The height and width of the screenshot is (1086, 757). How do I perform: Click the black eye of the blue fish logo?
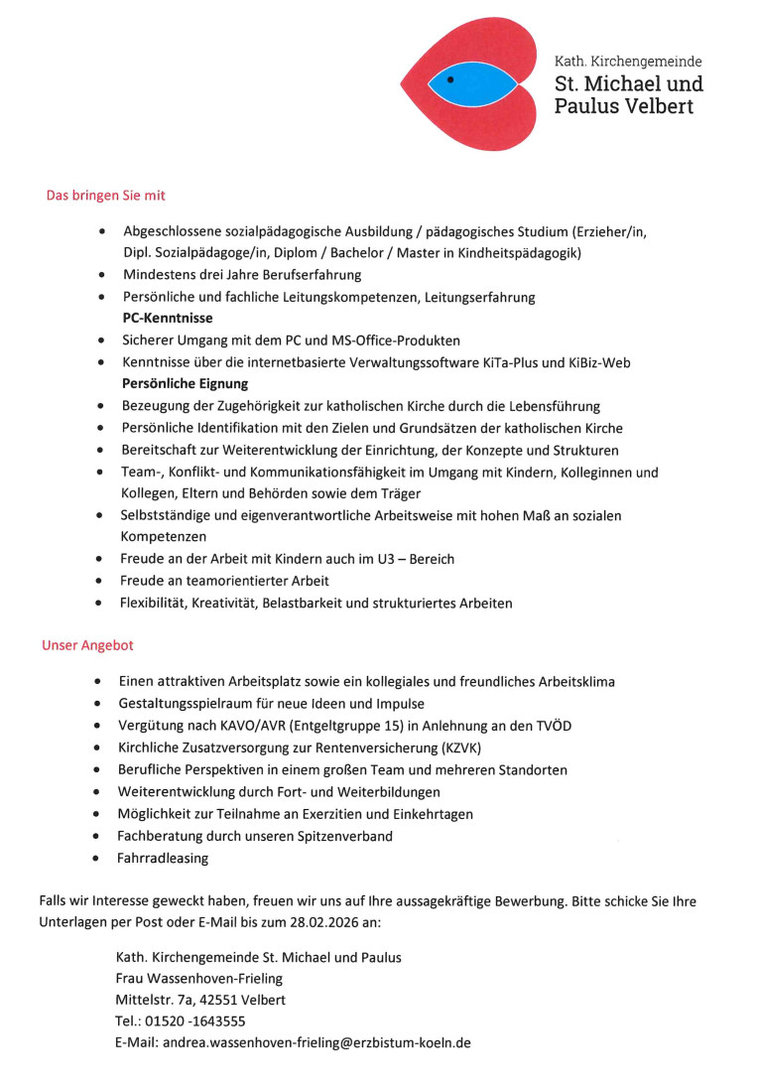[x=450, y=77]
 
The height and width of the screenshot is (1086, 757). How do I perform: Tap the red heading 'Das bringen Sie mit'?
[x=98, y=196]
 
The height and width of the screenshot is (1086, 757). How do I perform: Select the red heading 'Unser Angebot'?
[x=87, y=645]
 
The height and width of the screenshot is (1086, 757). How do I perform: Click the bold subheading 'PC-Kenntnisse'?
[x=168, y=319]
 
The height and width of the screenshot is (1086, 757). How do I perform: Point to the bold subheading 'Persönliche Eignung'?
[x=186, y=384]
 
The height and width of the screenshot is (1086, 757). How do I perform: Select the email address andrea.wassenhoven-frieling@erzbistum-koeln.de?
[x=316, y=1042]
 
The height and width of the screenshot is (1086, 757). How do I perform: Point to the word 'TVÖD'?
[x=552, y=726]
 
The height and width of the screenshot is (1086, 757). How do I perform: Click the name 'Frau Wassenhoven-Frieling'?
[x=199, y=978]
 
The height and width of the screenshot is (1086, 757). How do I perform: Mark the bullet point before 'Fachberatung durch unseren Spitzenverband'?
[x=95, y=836]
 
